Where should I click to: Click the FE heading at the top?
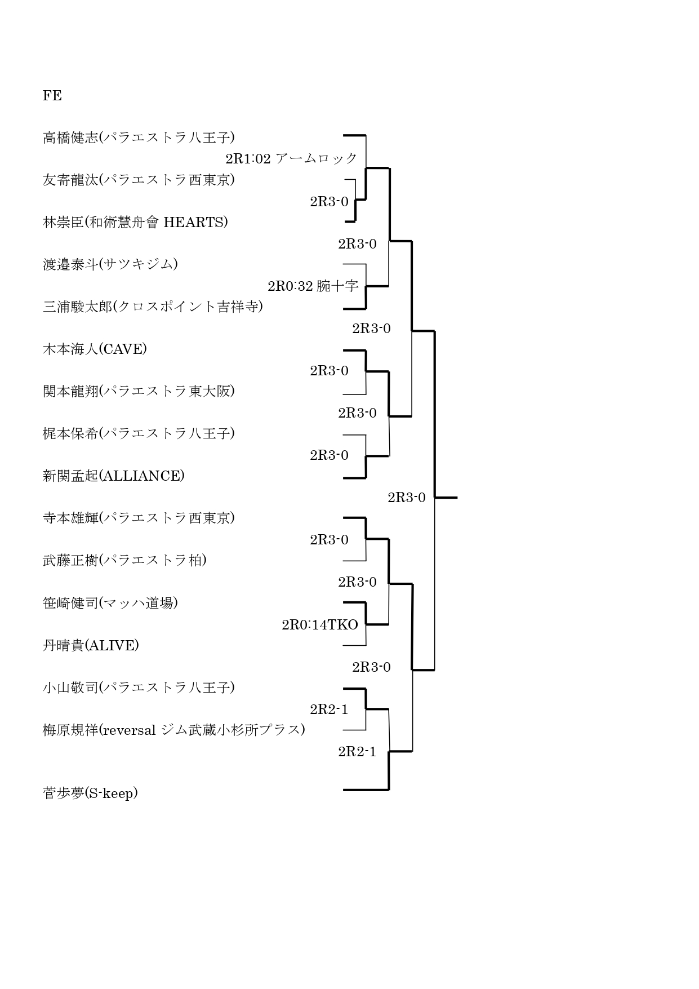tap(52, 96)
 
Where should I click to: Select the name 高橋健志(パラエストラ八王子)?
tap(139, 138)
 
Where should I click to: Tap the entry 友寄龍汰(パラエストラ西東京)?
tap(139, 180)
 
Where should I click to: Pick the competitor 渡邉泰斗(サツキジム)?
tap(110, 264)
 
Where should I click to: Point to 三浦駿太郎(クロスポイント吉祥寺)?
tap(153, 307)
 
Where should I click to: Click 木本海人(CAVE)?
tap(95, 349)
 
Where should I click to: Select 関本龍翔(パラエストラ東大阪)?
tap(139, 391)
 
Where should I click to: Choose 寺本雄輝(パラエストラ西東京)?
tap(139, 518)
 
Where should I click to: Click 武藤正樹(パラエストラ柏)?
tap(124, 560)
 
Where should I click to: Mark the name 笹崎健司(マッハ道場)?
tap(110, 603)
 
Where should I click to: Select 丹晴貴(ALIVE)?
tap(91, 645)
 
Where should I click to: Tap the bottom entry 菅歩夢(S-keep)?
tap(90, 793)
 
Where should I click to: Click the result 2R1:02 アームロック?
tap(291, 158)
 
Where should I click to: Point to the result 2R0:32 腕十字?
tap(313, 286)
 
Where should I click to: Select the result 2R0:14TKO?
tap(320, 624)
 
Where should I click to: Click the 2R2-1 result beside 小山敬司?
tap(329, 709)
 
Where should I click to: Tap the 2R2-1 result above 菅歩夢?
tap(357, 751)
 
